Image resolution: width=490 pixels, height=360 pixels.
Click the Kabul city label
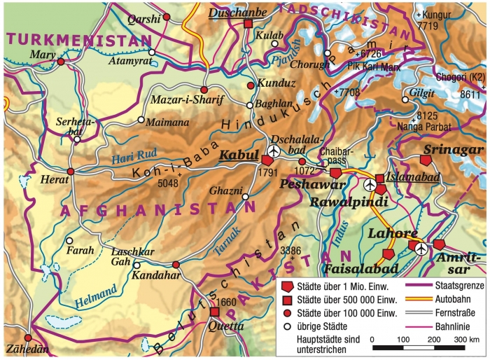point(239,155)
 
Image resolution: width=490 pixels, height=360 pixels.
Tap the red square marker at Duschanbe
point(248,24)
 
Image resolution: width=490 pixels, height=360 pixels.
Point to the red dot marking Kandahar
point(176,265)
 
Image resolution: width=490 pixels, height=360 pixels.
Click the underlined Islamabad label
point(413,178)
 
